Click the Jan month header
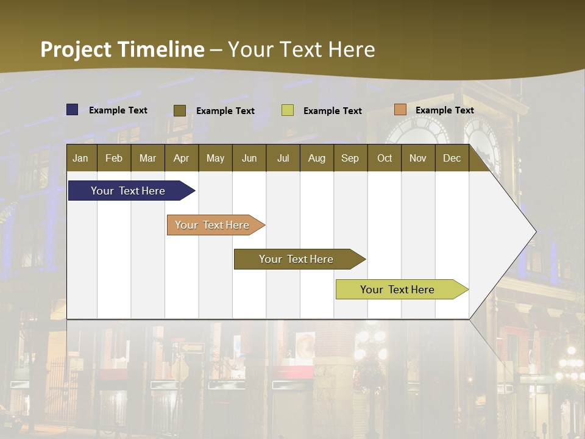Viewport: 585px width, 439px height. point(81,159)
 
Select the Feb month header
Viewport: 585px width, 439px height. point(114,159)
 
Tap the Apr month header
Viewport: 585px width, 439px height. point(182,159)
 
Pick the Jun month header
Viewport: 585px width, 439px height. point(249,159)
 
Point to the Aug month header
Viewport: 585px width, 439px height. point(317,159)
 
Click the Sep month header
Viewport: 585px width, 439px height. point(350,159)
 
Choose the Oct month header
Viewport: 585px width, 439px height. point(385,159)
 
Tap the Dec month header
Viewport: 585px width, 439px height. point(452,159)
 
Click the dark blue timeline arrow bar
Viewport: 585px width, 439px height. point(129,191)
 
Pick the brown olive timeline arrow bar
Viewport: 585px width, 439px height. point(297,259)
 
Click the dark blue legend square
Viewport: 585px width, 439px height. point(73,110)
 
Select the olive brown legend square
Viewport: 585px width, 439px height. point(180,110)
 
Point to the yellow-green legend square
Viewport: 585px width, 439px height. point(288,110)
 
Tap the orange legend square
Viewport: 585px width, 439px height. point(400,110)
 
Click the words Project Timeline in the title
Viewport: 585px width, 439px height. point(122,49)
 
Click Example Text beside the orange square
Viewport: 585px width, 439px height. point(444,110)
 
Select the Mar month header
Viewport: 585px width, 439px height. point(148,159)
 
